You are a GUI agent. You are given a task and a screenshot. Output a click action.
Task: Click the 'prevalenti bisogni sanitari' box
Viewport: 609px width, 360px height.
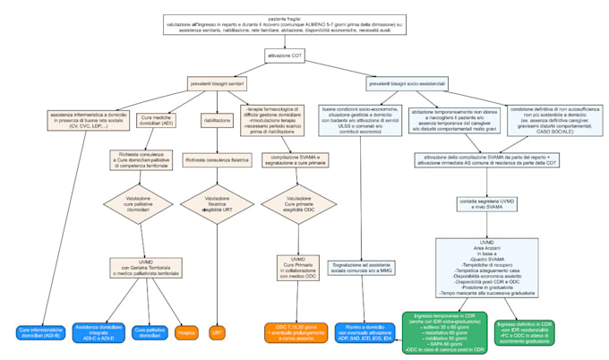[x=217, y=83]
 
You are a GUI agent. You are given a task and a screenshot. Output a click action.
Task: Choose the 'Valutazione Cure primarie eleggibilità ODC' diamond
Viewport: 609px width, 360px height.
[x=291, y=205]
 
